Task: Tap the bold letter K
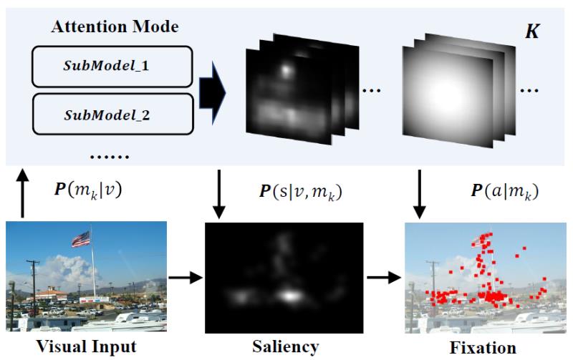[x=532, y=32]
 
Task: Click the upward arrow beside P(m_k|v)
[x=24, y=193]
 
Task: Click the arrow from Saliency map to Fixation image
[x=383, y=278]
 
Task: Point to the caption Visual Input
[x=85, y=348]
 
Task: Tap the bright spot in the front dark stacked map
[x=286, y=70]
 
